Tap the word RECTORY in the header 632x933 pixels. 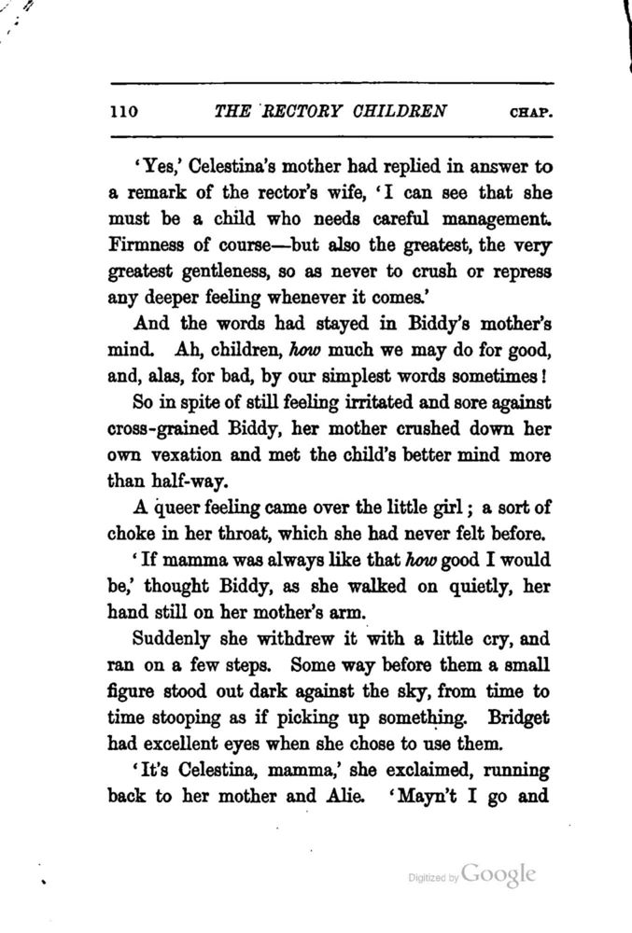[302, 111]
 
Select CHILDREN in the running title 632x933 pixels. [400, 111]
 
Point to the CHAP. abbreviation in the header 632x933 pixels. [532, 113]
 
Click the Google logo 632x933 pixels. [499, 874]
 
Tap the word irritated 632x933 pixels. [364, 405]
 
